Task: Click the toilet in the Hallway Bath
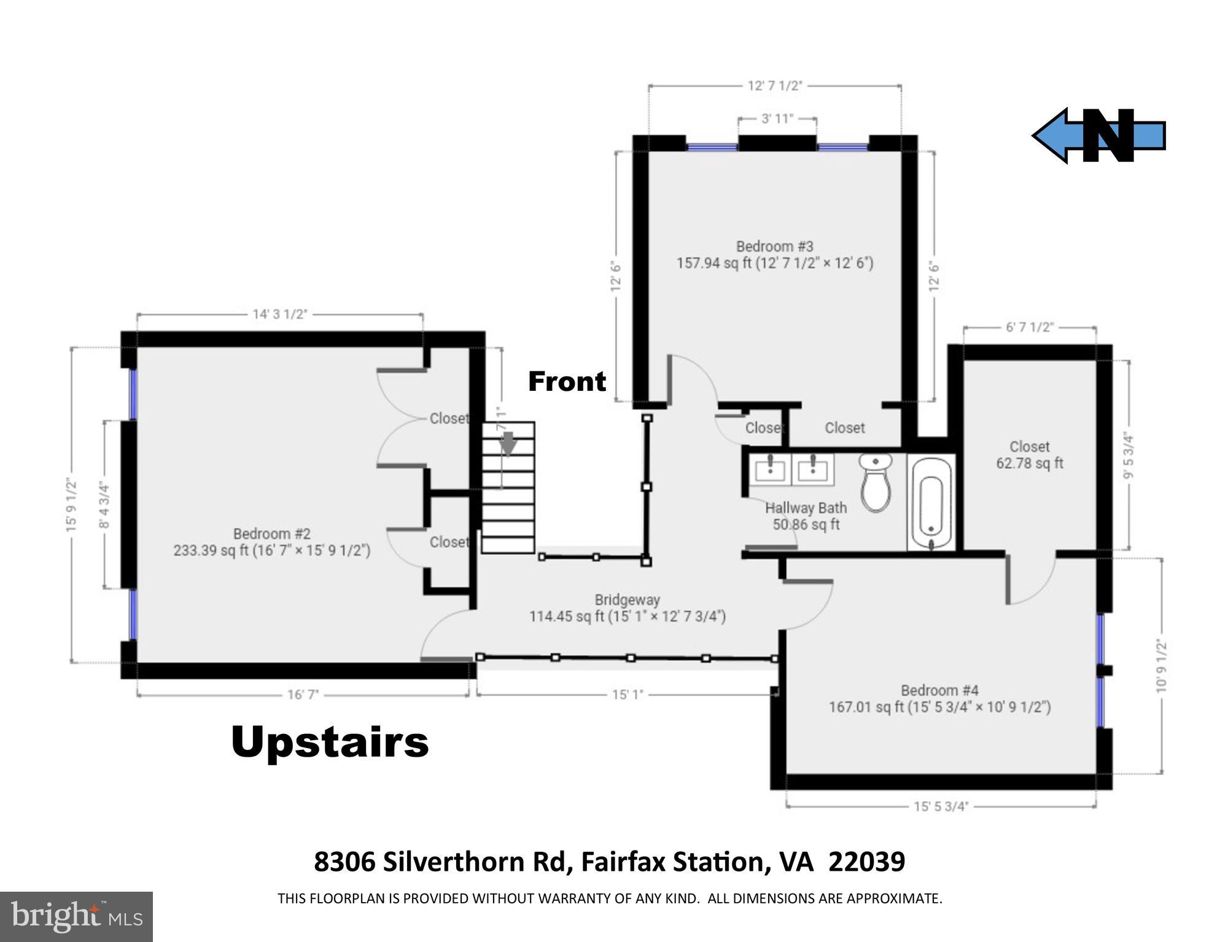[x=876, y=483]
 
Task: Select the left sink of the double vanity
[x=769, y=469]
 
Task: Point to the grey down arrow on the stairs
[x=507, y=443]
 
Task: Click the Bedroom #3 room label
[x=774, y=247]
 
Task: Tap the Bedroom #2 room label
[x=271, y=534]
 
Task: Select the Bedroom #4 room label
[x=939, y=690]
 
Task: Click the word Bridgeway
[x=627, y=600]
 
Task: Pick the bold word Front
[x=567, y=382]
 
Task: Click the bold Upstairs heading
[x=330, y=742]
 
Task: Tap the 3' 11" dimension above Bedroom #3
[x=777, y=118]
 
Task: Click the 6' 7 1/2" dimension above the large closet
[x=1029, y=327]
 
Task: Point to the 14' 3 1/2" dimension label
[x=279, y=314]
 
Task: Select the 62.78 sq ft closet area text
[x=1030, y=463]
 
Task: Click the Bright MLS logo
[x=76, y=917]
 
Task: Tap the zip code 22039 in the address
[x=866, y=862]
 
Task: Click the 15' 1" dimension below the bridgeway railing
[x=627, y=695]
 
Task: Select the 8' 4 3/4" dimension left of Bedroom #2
[x=105, y=505]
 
